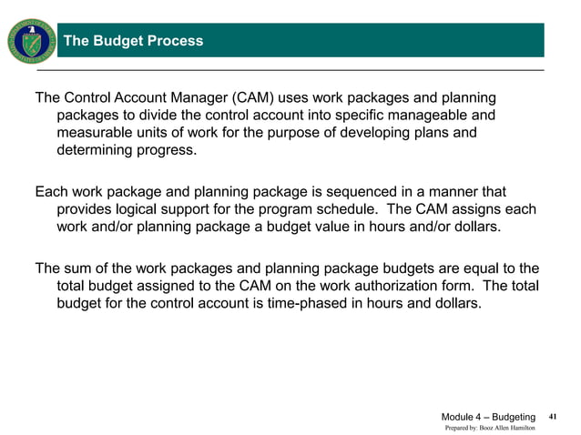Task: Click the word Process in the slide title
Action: (x=172, y=41)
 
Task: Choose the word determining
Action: (x=97, y=151)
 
